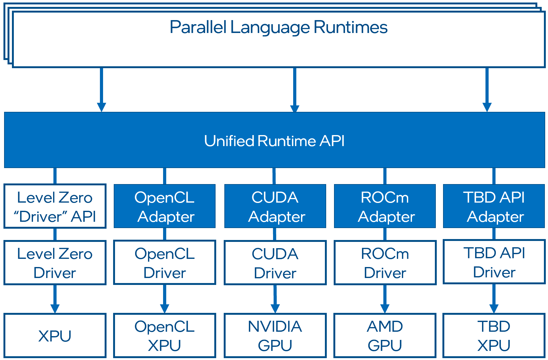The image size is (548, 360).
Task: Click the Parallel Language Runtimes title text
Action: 278,27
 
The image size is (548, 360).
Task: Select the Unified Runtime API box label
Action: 274,141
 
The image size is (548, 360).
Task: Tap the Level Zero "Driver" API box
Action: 55,206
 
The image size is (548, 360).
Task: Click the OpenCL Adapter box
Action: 165,206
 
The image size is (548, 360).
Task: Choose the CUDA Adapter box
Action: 275,206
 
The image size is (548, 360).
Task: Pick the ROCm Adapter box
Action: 385,206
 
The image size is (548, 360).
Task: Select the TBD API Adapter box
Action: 494,206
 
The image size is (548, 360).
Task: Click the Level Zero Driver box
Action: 55,263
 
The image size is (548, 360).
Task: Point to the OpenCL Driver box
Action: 165,263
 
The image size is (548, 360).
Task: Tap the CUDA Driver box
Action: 275,263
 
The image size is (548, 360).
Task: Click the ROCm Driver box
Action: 385,263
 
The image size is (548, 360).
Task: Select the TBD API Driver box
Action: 494,262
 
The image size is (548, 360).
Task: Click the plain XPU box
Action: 55,335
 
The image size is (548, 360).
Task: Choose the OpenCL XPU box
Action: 165,335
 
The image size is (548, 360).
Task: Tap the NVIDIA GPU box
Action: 275,335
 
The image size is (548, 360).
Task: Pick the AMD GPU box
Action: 385,335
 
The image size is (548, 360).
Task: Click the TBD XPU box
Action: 494,335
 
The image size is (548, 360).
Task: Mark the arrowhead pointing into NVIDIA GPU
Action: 275,308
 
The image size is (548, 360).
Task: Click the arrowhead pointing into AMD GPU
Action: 385,308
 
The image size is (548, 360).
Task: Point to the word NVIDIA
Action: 275,326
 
